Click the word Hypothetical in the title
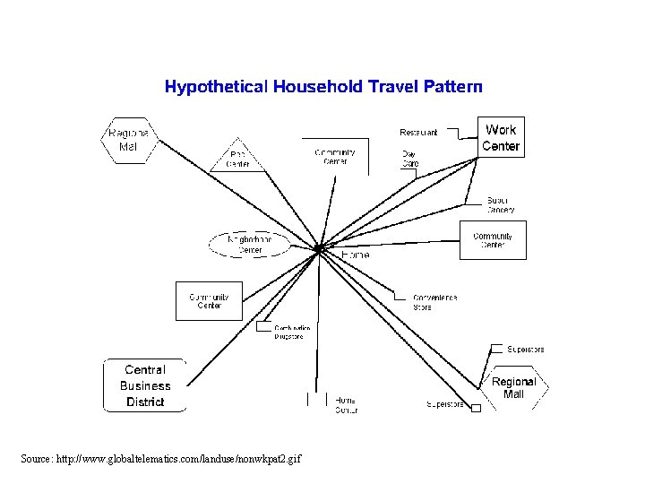pyautogui.click(x=215, y=87)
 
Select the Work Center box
pyautogui.click(x=500, y=138)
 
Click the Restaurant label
pyautogui.click(x=418, y=133)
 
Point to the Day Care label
pyautogui.click(x=409, y=159)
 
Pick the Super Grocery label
pyautogui.click(x=501, y=204)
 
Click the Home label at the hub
pyautogui.click(x=355, y=255)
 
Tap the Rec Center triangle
pyautogui.click(x=237, y=159)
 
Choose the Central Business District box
pyautogui.click(x=145, y=385)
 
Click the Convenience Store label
pyautogui.click(x=434, y=302)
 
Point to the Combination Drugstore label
pyautogui.click(x=292, y=332)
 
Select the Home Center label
pyautogui.click(x=346, y=405)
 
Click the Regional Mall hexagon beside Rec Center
pyautogui.click(x=128, y=141)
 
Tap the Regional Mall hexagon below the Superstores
pyautogui.click(x=514, y=387)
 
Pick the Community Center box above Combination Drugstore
pyautogui.click(x=209, y=301)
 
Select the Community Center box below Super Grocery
pyautogui.click(x=493, y=239)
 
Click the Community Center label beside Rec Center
pyautogui.click(x=334, y=157)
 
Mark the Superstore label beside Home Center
pyautogui.click(x=445, y=404)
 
